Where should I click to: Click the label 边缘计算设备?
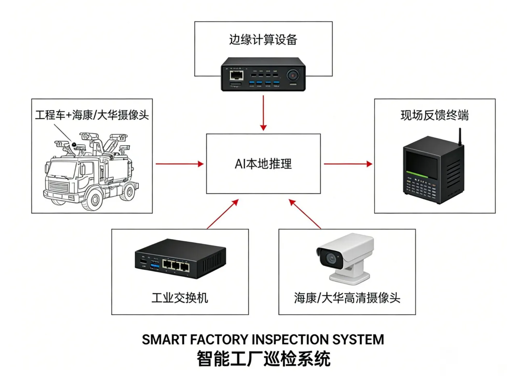tap(263, 39)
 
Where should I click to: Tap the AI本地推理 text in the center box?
tap(263, 164)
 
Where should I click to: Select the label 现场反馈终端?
tap(435, 115)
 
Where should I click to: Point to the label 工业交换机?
tap(180, 298)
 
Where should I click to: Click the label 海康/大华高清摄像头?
tap(347, 298)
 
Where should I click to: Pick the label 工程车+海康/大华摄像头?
tap(92, 115)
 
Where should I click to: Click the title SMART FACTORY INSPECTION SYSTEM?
tap(263, 340)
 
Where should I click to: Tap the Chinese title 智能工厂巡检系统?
tap(263, 359)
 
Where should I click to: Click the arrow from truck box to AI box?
tap(179, 164)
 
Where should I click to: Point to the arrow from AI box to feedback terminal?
tap(348, 164)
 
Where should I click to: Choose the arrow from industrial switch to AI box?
tap(223, 214)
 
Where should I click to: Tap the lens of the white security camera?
tap(331, 258)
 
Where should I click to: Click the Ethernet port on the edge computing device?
tap(236, 75)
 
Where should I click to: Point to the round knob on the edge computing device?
tap(293, 76)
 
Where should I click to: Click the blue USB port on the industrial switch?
tap(155, 265)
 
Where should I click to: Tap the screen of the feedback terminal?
tap(422, 164)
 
